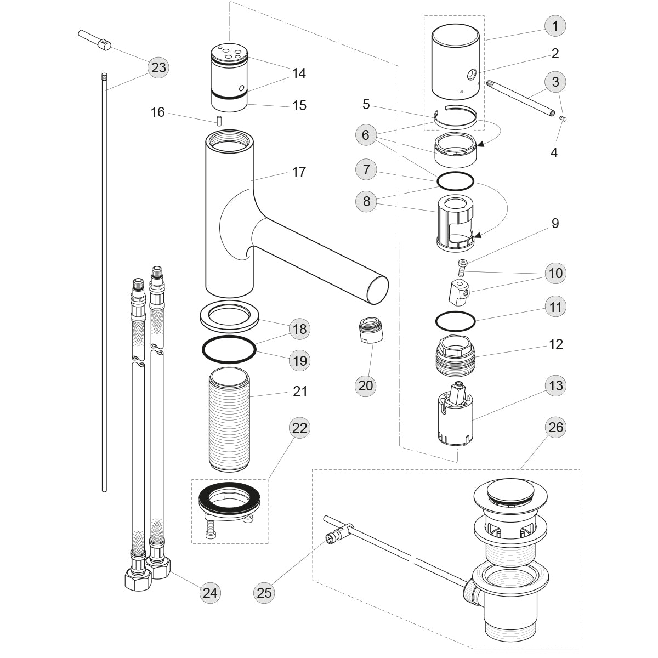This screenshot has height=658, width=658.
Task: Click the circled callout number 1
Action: coord(555,26)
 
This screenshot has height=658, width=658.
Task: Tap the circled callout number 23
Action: coord(158,68)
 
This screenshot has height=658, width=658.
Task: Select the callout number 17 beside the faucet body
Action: coord(299,172)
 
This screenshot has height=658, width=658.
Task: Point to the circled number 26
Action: coord(555,427)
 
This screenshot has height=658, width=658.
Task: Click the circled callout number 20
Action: coord(365,385)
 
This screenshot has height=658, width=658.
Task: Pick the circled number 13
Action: coord(555,385)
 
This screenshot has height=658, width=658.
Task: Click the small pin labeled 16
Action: coord(218,121)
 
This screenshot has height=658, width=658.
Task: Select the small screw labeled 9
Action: coord(462,267)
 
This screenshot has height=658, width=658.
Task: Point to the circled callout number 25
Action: coord(264,592)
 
